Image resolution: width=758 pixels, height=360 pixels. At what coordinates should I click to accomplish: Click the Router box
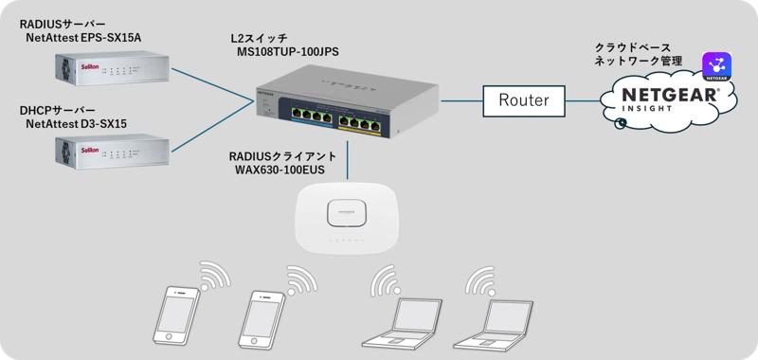(x=524, y=101)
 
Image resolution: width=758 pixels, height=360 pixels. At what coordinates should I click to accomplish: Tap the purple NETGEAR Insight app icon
(x=717, y=67)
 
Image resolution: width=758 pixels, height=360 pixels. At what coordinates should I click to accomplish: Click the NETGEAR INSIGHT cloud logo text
(x=669, y=99)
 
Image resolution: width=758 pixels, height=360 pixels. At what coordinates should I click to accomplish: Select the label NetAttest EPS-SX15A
(x=83, y=38)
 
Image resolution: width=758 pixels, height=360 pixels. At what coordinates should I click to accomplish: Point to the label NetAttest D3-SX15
(x=76, y=124)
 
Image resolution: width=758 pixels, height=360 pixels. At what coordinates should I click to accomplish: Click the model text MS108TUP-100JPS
(x=287, y=52)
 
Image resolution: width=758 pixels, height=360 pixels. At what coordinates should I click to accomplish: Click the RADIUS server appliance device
(x=112, y=68)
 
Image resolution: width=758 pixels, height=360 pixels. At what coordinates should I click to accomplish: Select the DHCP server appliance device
(x=112, y=152)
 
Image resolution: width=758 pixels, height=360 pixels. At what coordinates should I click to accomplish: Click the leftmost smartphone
(x=176, y=315)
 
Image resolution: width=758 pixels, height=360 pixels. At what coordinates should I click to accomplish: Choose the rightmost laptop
(x=493, y=325)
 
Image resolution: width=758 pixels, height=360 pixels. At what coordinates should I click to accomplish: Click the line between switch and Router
(x=461, y=101)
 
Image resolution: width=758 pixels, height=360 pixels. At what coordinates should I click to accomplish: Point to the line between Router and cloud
(x=583, y=101)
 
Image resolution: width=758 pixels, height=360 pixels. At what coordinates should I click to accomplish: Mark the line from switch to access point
(x=347, y=159)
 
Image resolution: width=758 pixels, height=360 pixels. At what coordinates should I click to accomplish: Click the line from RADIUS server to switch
(x=212, y=84)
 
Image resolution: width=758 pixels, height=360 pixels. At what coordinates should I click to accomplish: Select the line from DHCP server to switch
(x=212, y=127)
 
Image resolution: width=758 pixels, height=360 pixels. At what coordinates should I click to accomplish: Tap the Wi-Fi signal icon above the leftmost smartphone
(x=215, y=276)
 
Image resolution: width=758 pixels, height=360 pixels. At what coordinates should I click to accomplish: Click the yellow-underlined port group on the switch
(x=360, y=123)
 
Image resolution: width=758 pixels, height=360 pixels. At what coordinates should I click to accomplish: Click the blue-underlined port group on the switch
(x=312, y=117)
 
